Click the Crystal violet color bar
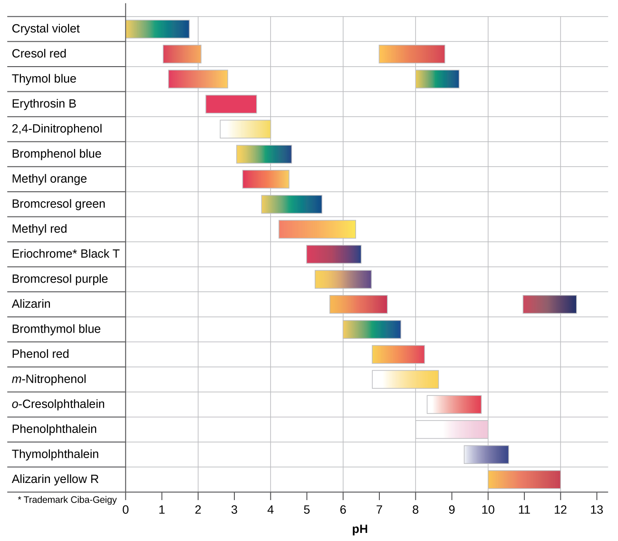157,29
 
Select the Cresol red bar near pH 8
412,54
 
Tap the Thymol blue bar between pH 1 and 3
198,79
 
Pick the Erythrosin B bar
231,104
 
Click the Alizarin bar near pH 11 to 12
550,305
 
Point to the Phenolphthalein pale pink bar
452,430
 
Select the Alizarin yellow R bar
524,480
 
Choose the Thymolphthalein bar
486,454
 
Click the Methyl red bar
317,229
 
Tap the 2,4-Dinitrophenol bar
245,129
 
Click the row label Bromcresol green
58,204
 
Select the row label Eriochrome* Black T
66,254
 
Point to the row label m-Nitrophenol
49,379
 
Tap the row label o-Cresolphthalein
58,404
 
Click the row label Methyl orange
49,179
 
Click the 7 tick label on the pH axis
379,510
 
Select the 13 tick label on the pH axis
596,510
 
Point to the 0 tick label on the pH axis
126,510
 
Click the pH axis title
360,530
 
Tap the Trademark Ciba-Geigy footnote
67,500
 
